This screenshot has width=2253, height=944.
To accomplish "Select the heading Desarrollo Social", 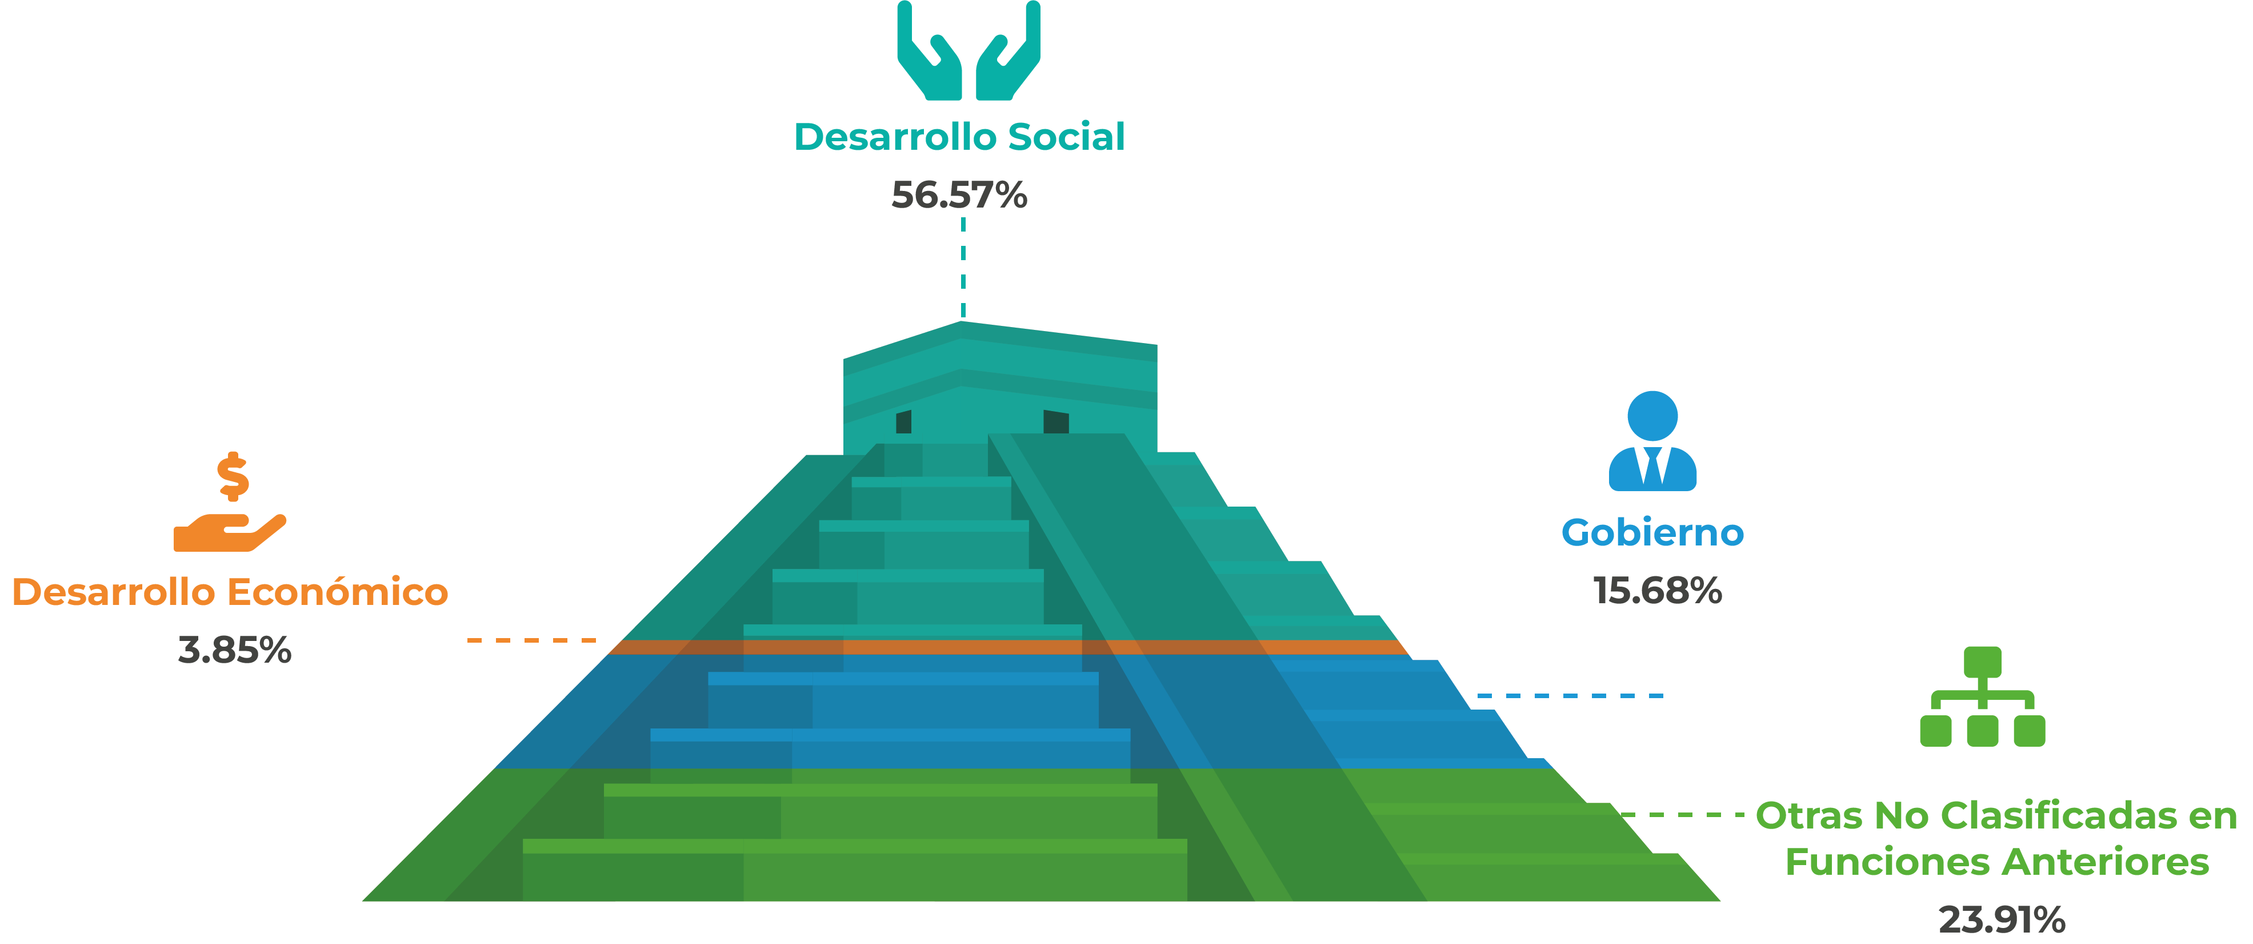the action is (x=959, y=137).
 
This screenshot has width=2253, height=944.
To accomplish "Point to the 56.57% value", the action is (x=959, y=195).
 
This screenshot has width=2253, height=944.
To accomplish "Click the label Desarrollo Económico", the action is (x=230, y=592).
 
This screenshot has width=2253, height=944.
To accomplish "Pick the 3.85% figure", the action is (x=234, y=651).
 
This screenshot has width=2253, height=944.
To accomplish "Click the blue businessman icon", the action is (x=1652, y=441).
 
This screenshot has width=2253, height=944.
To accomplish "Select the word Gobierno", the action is (x=1652, y=533).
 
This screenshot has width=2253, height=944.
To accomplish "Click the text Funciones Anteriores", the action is (x=1997, y=862).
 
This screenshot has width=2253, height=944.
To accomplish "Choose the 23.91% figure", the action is (x=2002, y=921).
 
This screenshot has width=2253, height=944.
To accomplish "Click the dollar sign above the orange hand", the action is (x=233, y=477).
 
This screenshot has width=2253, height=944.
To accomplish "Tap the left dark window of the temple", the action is (x=903, y=422).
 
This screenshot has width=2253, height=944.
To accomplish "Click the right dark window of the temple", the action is (x=1056, y=422).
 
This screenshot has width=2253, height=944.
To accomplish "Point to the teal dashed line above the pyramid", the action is (x=963, y=268).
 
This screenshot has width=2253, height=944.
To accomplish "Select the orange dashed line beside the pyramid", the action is (x=532, y=640).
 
